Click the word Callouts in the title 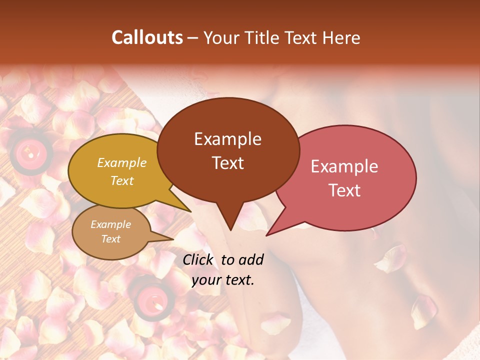point(147,37)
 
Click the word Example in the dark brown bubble point(227,139)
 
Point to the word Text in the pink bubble point(344,190)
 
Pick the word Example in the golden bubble point(121,163)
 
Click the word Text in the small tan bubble point(110,239)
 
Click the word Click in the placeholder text point(199,259)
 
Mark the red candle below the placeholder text point(150,298)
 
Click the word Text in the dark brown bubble point(227,163)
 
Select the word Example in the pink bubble point(344,166)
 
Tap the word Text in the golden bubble point(121,180)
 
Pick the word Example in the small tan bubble point(110,224)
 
